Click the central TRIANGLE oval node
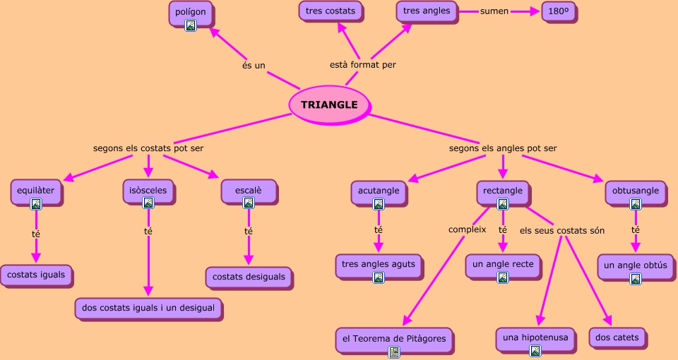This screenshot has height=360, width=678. coord(329,104)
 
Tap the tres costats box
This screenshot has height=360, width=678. coord(331,11)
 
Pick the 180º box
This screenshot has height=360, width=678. coord(560,11)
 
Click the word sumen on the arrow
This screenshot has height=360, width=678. coord(494,11)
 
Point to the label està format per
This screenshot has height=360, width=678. coord(363,65)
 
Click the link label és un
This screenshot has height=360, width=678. coord(254,66)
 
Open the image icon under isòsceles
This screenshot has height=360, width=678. coord(148,203)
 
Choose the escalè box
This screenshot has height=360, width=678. coord(248,191)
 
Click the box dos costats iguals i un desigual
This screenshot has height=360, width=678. coord(148,308)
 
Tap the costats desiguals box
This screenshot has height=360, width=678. coord(249,277)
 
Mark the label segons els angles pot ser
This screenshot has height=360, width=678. coord(503,148)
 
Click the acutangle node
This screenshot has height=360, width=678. coord(379,191)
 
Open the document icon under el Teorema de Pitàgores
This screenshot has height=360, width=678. coord(394,352)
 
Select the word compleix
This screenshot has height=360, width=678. coord(468,229)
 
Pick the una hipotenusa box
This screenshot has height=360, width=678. coord(535,338)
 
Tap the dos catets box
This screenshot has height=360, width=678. coord(617,337)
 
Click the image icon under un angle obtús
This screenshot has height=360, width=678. coord(636,279)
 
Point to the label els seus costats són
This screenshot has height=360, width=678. coord(562,230)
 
